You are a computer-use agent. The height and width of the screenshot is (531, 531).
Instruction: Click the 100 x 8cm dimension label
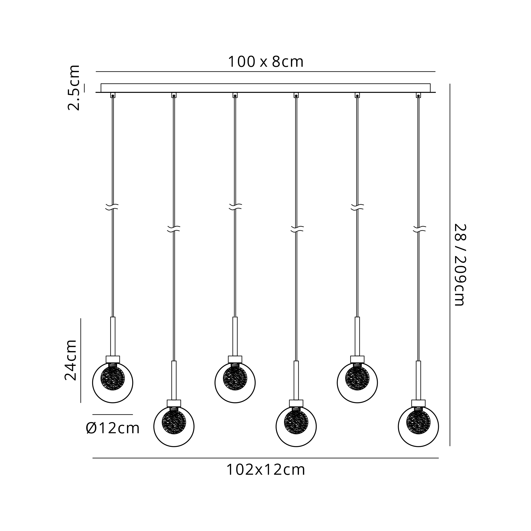click(265, 62)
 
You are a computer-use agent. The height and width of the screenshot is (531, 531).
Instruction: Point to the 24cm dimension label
click(70, 360)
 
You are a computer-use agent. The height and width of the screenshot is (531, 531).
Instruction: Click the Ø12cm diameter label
click(113, 428)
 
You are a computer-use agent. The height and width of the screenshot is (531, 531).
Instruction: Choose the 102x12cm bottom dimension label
click(265, 470)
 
